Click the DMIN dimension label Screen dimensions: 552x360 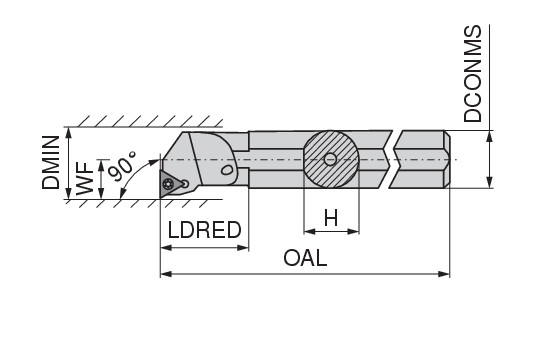(51, 163)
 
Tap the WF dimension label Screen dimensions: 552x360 (85, 178)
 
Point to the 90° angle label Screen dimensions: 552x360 (122, 166)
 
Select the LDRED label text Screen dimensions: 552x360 (205, 230)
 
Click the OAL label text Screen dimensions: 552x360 (305, 258)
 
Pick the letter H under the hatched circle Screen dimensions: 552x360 (331, 218)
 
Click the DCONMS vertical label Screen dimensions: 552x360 (472, 74)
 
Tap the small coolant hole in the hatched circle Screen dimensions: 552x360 (330, 159)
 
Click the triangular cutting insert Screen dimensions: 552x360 (171, 184)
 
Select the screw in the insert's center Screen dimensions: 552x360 (168, 184)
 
